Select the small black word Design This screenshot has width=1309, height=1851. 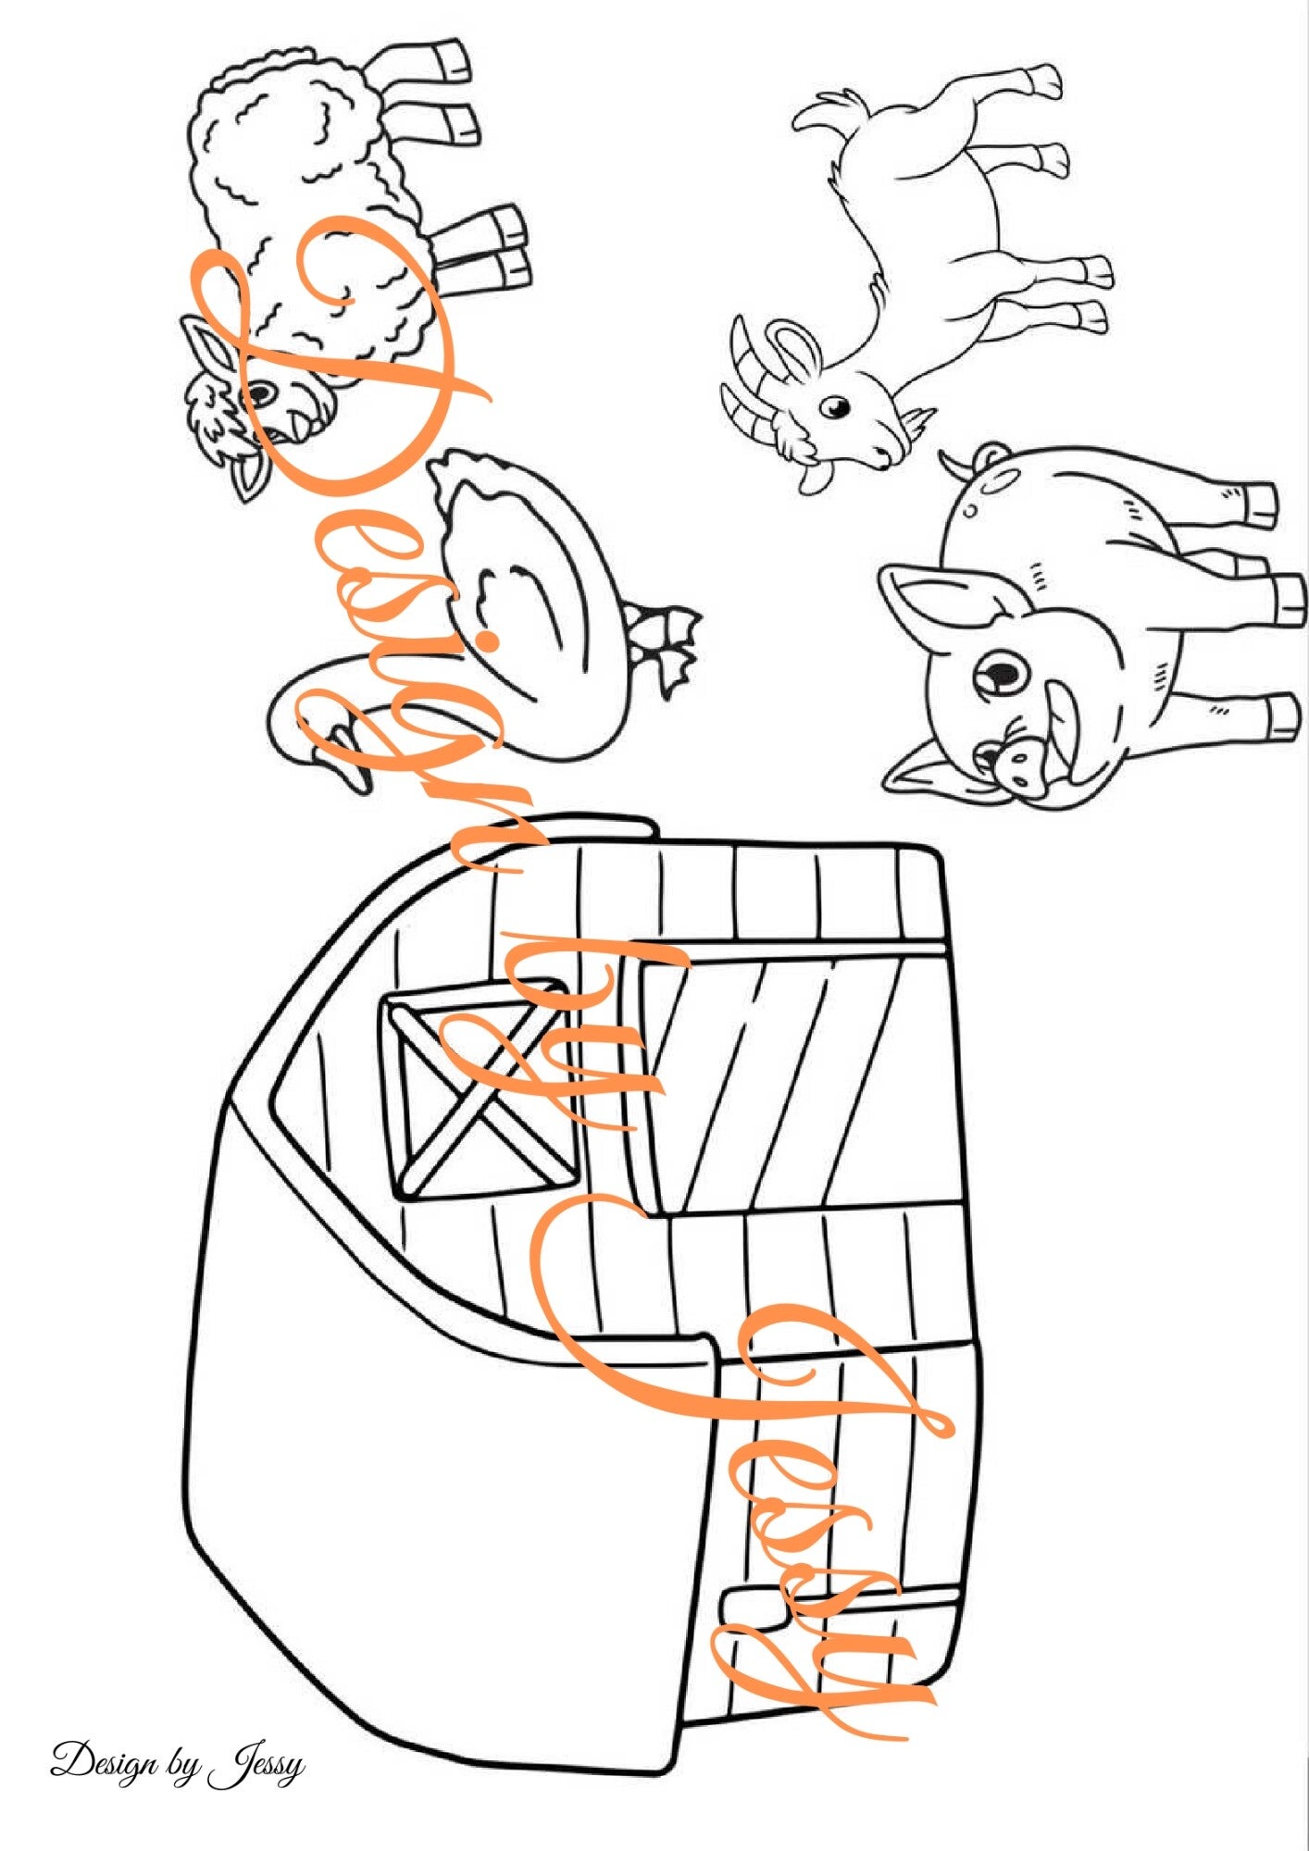(x=108, y=1760)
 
